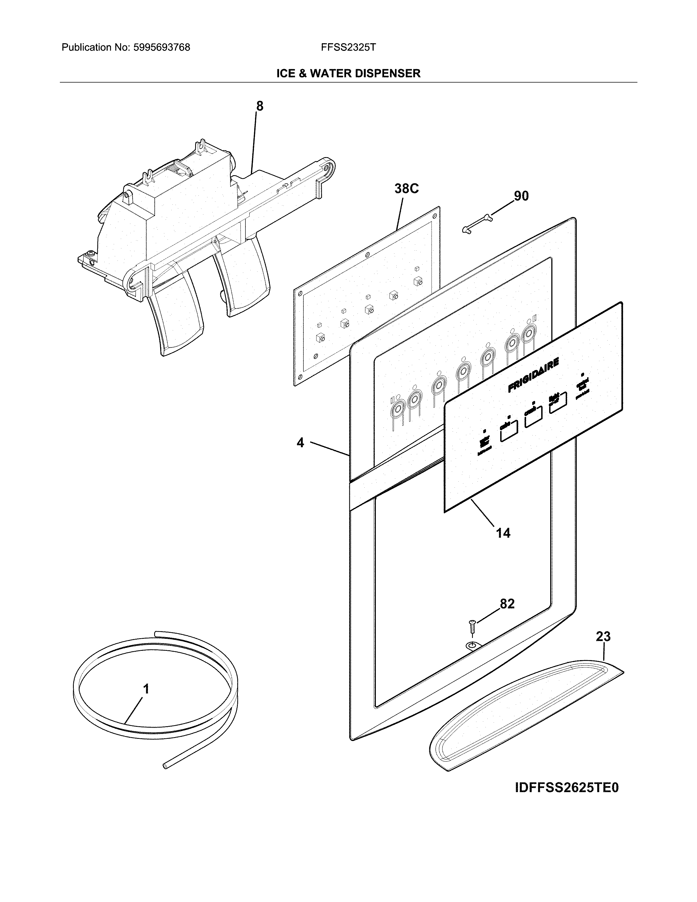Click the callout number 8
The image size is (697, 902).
(259, 106)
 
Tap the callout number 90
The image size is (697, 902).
(521, 196)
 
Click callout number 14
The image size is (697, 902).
(503, 533)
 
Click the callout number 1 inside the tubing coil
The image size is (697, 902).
(146, 689)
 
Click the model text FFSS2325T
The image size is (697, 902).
(348, 48)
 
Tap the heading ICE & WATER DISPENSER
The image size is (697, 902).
(348, 74)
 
